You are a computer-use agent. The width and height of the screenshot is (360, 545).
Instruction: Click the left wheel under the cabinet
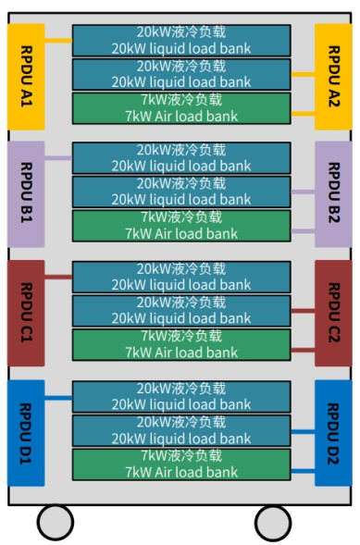click(56, 522)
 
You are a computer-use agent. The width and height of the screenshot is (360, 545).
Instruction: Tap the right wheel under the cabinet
click(272, 522)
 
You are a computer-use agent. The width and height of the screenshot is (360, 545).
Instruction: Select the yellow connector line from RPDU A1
click(57, 41)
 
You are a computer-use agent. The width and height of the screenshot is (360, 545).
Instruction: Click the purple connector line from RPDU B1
click(57, 158)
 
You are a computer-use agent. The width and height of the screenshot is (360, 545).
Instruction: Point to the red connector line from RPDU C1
click(57, 277)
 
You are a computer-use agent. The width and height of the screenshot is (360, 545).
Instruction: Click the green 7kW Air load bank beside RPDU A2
click(181, 109)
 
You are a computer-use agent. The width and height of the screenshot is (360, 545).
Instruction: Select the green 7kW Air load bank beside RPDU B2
click(181, 227)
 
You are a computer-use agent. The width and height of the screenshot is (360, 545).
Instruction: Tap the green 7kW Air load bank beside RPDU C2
click(181, 345)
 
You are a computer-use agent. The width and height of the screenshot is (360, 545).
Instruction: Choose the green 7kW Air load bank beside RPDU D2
click(181, 464)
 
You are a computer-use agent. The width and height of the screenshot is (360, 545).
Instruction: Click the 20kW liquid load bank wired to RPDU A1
click(181, 41)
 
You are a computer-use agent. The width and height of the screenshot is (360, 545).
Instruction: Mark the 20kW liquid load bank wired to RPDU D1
click(181, 396)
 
